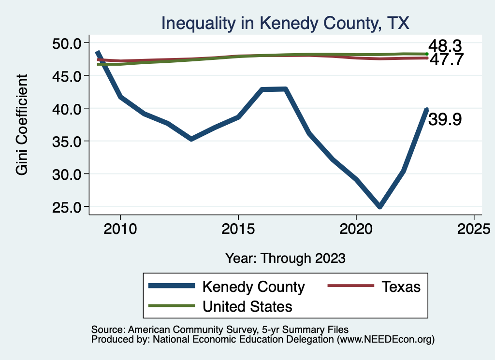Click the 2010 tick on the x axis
coord(120,229)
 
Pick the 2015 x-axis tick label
coord(238,229)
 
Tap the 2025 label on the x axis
coord(474,229)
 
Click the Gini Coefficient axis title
coord(22,125)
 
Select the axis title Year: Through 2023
coord(285,258)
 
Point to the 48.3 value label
coord(445,46)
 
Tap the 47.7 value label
coord(446,60)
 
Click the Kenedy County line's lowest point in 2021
coord(379,207)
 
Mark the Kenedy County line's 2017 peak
coord(285,89)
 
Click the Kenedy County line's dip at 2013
coord(191,139)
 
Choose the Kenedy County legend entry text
coord(253,287)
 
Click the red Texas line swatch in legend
coord(351,286)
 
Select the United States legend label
coord(247,306)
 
